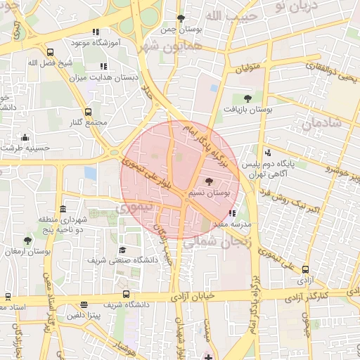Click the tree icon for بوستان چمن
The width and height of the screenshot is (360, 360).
(x=181, y=18)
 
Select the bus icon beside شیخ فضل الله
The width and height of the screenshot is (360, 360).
(x=49, y=52)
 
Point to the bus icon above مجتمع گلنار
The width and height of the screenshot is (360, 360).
(x=88, y=112)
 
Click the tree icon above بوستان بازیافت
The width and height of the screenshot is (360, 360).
(x=247, y=98)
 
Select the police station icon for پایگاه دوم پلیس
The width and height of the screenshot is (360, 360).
(x=267, y=153)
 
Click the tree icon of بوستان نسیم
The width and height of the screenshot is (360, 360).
(x=210, y=181)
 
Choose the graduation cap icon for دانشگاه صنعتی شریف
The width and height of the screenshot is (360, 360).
(x=122, y=250)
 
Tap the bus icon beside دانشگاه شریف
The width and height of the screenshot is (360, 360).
(x=126, y=294)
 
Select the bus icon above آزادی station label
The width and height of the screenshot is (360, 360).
(x=305, y=269)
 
